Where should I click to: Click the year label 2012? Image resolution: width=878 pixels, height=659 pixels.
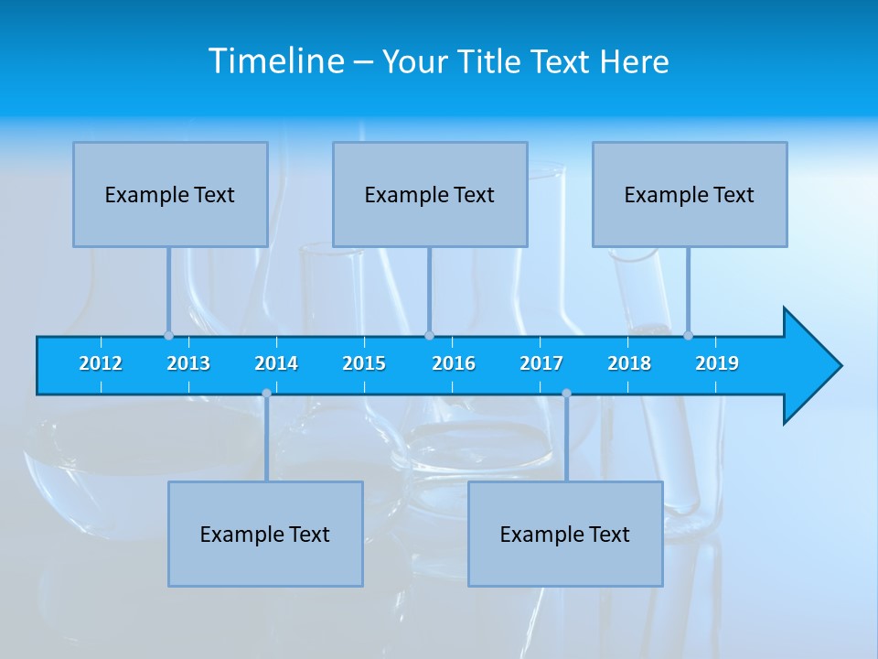coord(101,363)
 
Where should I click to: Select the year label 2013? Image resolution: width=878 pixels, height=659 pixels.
coord(188,363)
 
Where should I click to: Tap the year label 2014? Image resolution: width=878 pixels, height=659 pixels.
coord(276,363)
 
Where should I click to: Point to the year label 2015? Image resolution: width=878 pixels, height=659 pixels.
coord(364,363)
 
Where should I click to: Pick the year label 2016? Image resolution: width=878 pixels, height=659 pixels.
coord(454,363)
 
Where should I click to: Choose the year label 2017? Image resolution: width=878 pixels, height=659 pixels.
coord(541,363)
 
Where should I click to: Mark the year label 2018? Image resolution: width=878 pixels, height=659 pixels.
coord(629,363)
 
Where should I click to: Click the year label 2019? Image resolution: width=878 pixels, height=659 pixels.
coord(717,363)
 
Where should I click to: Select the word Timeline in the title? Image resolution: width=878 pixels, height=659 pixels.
coord(275,61)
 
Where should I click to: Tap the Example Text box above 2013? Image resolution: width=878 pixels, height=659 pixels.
coord(170,194)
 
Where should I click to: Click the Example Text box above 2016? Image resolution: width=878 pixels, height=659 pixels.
coord(430,194)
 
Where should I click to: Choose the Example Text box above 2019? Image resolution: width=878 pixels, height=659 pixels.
coord(690,194)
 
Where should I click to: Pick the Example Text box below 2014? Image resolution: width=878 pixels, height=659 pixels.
coord(265,534)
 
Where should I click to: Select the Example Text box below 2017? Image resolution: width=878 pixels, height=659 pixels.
coord(565,534)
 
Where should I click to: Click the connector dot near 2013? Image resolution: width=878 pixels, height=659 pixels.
coord(168,335)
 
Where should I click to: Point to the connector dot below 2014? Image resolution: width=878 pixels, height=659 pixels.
coord(266,394)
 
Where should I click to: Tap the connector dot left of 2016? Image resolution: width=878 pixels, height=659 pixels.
coord(429,335)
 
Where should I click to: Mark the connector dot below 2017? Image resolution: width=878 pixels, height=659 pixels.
coord(566,394)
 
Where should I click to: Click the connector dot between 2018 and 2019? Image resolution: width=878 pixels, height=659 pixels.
coord(688,335)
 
